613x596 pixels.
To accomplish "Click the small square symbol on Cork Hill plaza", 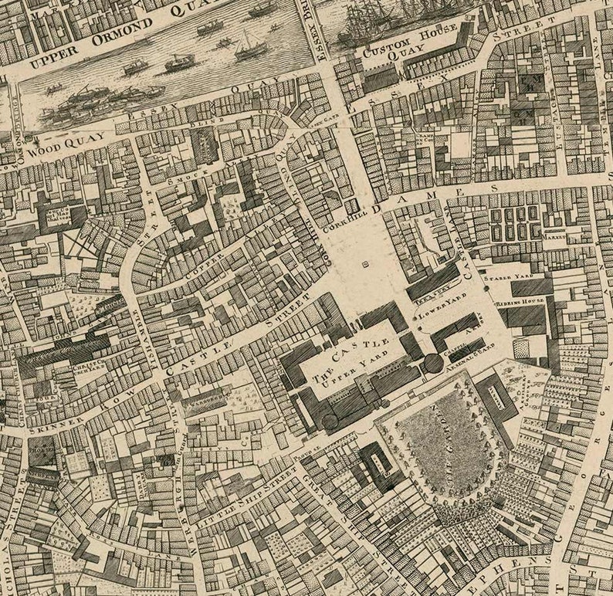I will click(x=364, y=264).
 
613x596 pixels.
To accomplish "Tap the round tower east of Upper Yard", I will click(x=433, y=364).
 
